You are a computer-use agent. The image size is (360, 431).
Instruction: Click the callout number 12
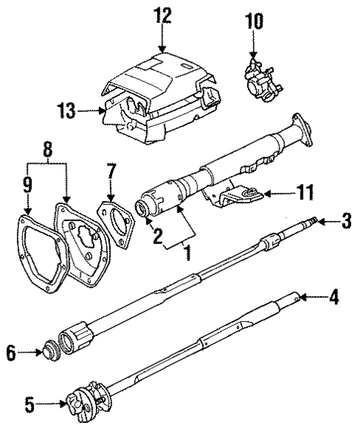(x=163, y=14)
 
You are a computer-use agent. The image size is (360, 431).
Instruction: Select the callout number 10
(x=255, y=21)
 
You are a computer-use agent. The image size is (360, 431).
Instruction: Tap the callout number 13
(x=66, y=112)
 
